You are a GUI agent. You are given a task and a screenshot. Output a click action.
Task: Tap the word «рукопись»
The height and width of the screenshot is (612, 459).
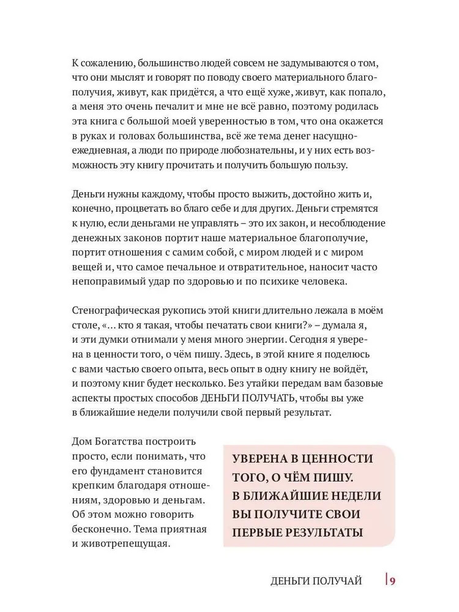click(x=190, y=310)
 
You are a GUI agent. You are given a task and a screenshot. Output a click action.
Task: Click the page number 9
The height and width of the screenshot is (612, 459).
click(x=395, y=580)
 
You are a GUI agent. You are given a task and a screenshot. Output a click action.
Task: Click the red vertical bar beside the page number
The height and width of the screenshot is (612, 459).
click(x=387, y=580)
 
